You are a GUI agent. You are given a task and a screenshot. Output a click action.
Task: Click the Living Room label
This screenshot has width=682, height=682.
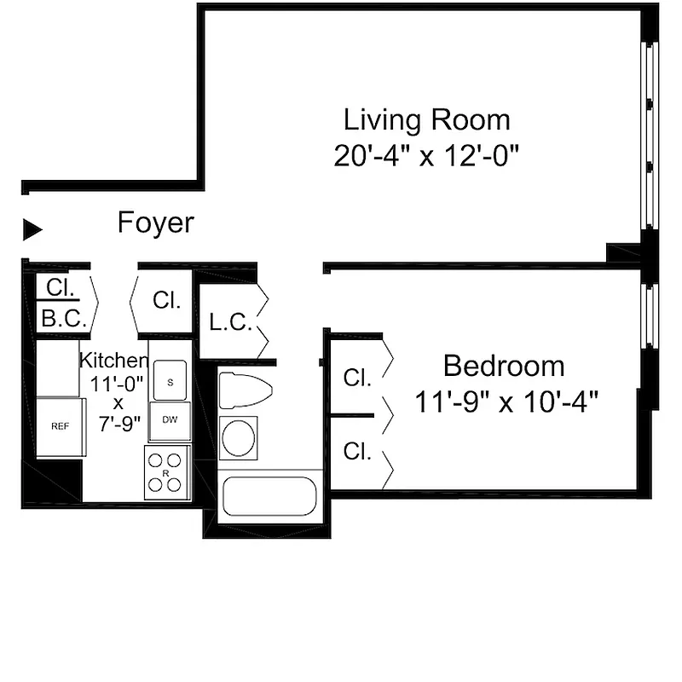[426, 119]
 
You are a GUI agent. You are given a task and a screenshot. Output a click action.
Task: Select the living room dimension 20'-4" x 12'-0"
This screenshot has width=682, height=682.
[426, 156]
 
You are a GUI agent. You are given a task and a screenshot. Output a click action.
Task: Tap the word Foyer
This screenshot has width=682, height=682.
[155, 223]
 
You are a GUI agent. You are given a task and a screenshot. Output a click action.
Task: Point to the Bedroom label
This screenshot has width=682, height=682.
[503, 367]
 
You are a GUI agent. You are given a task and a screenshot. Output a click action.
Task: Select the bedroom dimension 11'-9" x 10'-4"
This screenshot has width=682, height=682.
[504, 401]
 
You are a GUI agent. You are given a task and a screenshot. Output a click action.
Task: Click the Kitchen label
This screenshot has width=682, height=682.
[113, 361]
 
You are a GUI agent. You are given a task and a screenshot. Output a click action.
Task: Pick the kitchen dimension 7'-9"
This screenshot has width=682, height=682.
[118, 424]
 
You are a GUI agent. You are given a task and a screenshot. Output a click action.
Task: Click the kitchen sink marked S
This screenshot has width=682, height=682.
[170, 382]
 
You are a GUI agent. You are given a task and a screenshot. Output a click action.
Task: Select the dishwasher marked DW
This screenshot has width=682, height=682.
[170, 420]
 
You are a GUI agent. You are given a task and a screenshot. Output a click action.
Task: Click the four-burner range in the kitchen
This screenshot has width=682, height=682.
[165, 471]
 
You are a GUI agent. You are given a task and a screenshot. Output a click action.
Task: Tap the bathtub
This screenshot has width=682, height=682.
[269, 496]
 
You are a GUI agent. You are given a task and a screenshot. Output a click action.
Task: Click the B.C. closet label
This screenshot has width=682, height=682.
[60, 319]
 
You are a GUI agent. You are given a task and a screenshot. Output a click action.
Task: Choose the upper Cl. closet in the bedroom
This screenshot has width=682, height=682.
[356, 377]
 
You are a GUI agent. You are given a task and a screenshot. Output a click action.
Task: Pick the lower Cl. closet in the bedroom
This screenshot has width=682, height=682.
[356, 452]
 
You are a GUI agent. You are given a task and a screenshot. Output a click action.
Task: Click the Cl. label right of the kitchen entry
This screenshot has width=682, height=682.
[166, 300]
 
